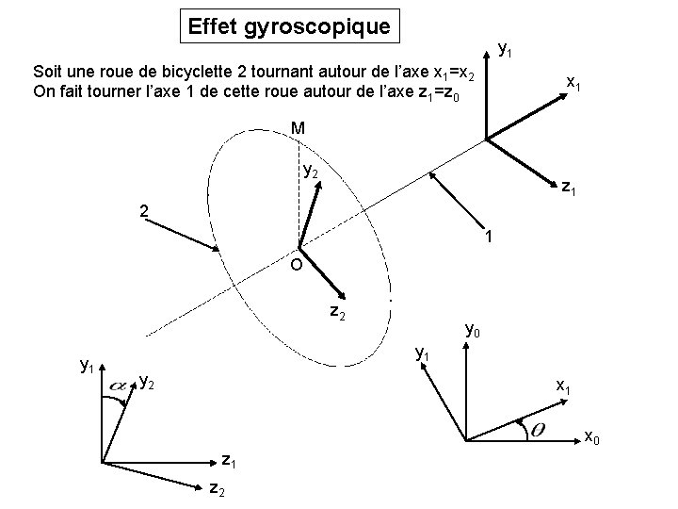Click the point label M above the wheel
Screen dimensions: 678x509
click(298, 128)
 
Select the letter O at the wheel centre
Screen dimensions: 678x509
click(296, 266)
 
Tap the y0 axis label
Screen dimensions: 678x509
click(474, 331)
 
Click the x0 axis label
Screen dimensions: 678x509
click(592, 436)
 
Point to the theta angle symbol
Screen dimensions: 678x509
click(541, 430)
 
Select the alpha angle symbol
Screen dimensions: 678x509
click(121, 386)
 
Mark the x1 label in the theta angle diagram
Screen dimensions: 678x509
click(563, 386)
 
